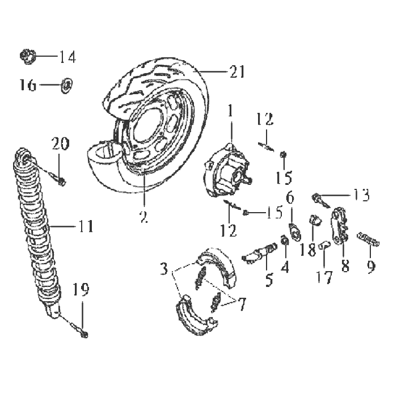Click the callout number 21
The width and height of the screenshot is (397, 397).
[237, 71]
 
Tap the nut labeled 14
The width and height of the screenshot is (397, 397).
[28, 56]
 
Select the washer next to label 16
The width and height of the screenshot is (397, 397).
[67, 85]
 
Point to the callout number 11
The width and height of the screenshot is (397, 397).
[86, 226]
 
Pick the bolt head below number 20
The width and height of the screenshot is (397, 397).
[61, 181]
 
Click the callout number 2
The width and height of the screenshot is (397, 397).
[143, 217]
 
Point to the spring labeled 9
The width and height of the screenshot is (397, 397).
[369, 240]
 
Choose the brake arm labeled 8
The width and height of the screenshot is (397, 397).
[339, 226]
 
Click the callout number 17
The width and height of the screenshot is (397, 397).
[324, 277]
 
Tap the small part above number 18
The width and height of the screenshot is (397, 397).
[315, 219]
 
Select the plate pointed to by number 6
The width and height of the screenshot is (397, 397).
[295, 231]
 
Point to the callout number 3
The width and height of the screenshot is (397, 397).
[164, 269]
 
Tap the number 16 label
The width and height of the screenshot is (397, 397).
[28, 85]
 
